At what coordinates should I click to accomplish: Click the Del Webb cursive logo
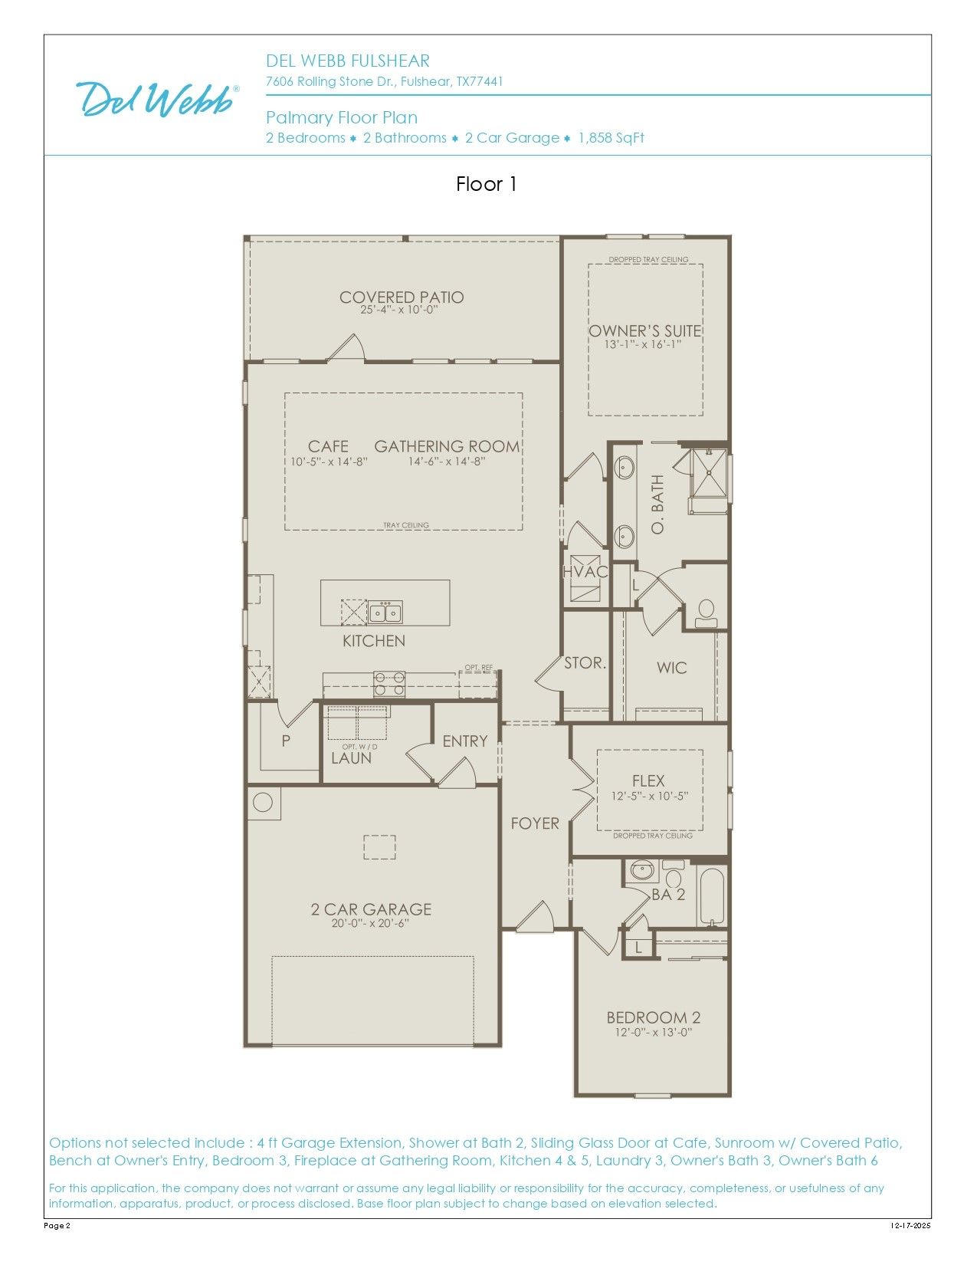[157, 98]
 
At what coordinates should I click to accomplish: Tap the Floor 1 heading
[487, 185]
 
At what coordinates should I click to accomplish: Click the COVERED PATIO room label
[402, 297]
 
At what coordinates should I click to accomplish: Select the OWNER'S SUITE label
[644, 330]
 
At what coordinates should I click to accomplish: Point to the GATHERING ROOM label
[447, 446]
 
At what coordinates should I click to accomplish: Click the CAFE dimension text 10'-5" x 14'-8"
[329, 462]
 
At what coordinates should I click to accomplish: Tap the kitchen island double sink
[385, 613]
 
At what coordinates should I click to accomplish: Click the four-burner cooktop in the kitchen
[389, 683]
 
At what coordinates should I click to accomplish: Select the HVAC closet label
[585, 572]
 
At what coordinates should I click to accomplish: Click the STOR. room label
[585, 662]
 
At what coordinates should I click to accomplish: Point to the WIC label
[671, 668]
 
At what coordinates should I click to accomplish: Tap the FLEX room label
[648, 780]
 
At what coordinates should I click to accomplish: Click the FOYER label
[535, 823]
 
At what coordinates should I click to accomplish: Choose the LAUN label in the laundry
[351, 758]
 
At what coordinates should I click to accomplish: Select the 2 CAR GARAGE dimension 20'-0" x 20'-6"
[371, 923]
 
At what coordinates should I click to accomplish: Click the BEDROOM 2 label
[654, 1017]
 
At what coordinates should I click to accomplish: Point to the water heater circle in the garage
[263, 802]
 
